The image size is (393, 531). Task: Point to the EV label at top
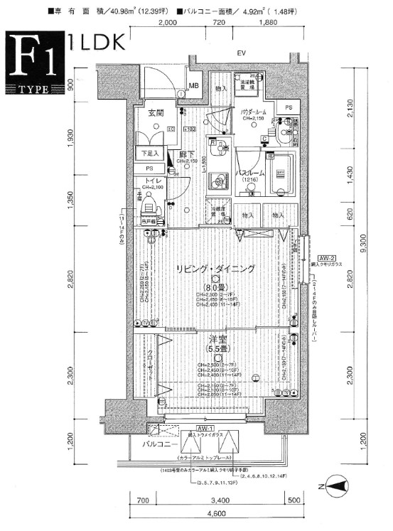pos(241,53)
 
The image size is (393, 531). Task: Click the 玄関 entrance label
pos(157,112)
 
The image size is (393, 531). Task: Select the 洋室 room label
pos(218,338)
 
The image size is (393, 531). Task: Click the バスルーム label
pos(250,173)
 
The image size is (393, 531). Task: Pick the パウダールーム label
pos(253,112)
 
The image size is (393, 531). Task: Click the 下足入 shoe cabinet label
pos(149,153)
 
